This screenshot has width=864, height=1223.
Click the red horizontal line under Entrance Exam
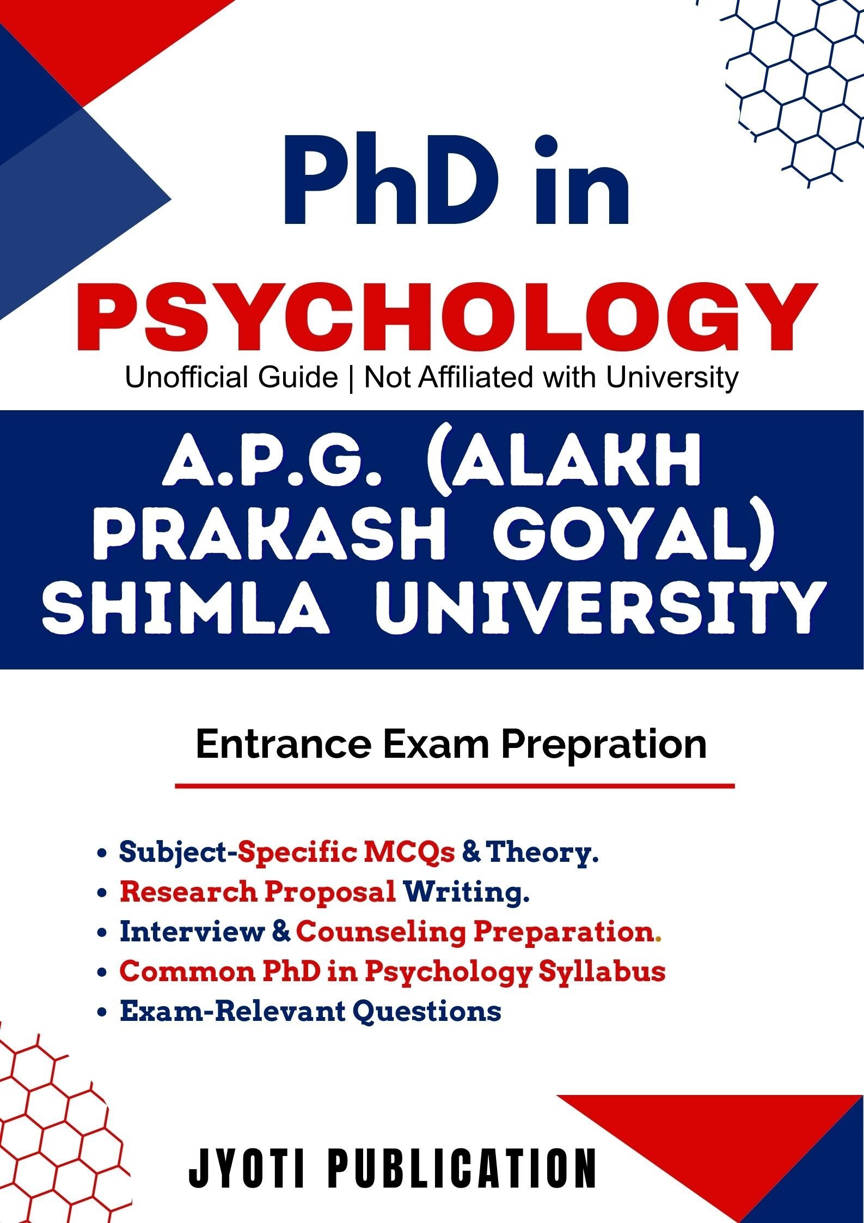coord(455,786)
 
